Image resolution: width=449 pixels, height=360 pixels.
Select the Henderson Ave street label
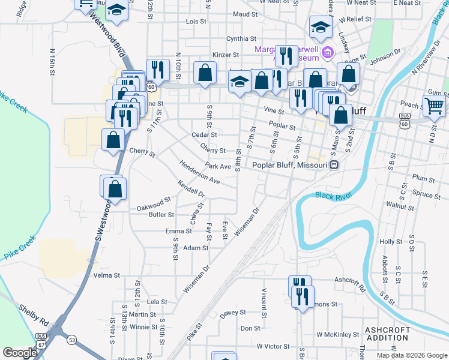(199, 172)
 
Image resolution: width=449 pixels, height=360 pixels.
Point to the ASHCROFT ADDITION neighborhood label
(387, 334)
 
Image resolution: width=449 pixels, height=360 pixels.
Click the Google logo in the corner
(20, 352)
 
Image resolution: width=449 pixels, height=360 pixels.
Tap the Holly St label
(390, 241)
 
